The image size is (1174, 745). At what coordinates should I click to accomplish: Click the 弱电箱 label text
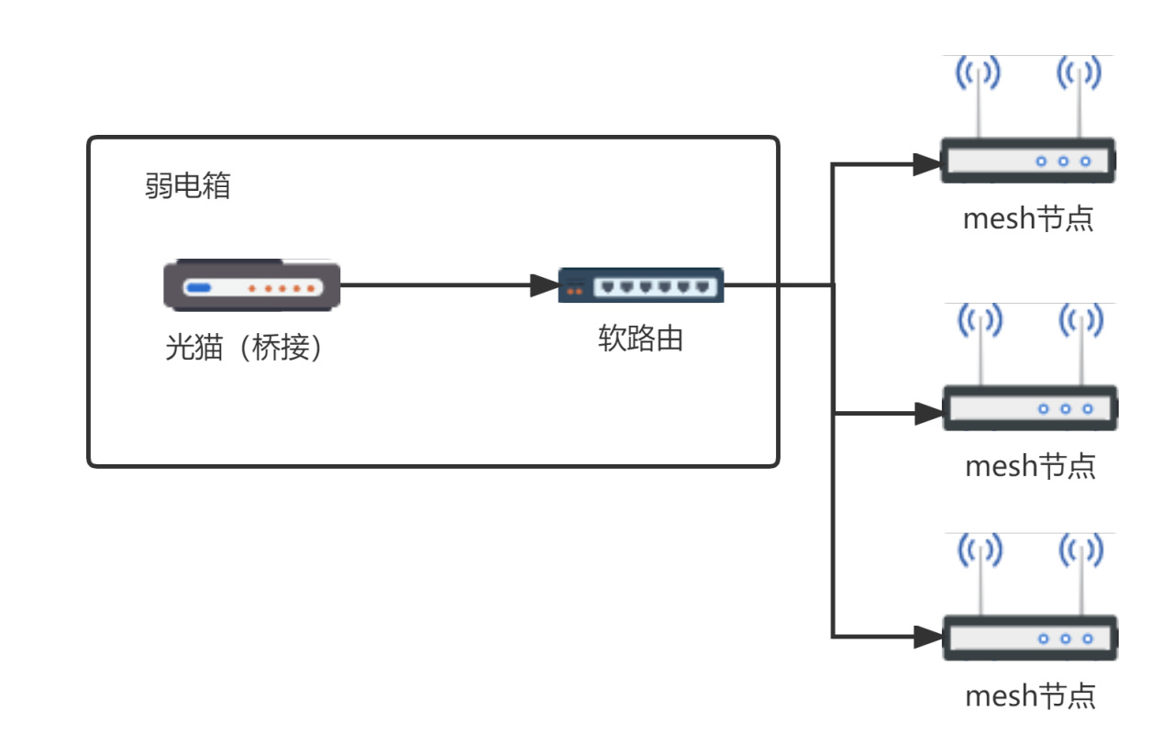pos(187,186)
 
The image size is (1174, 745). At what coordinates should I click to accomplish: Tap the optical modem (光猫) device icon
pos(252,286)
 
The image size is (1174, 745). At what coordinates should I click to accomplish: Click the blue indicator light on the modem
pos(198,288)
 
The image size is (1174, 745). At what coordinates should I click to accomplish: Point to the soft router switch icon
pos(641,285)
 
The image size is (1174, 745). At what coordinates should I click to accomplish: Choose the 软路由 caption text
pos(641,339)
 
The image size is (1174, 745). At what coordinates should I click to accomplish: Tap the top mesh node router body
pos(1027,161)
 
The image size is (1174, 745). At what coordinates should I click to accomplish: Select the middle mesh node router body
pos(1030,408)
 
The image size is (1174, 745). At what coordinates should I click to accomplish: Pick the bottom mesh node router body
pos(1030,638)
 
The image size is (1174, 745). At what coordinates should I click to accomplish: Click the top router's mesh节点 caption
pos(1028,220)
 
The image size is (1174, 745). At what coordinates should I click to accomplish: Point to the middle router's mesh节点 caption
pos(1030,466)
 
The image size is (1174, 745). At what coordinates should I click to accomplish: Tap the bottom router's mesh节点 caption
pos(1030,695)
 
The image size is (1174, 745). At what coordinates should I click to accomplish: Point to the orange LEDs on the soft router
pos(575,292)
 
